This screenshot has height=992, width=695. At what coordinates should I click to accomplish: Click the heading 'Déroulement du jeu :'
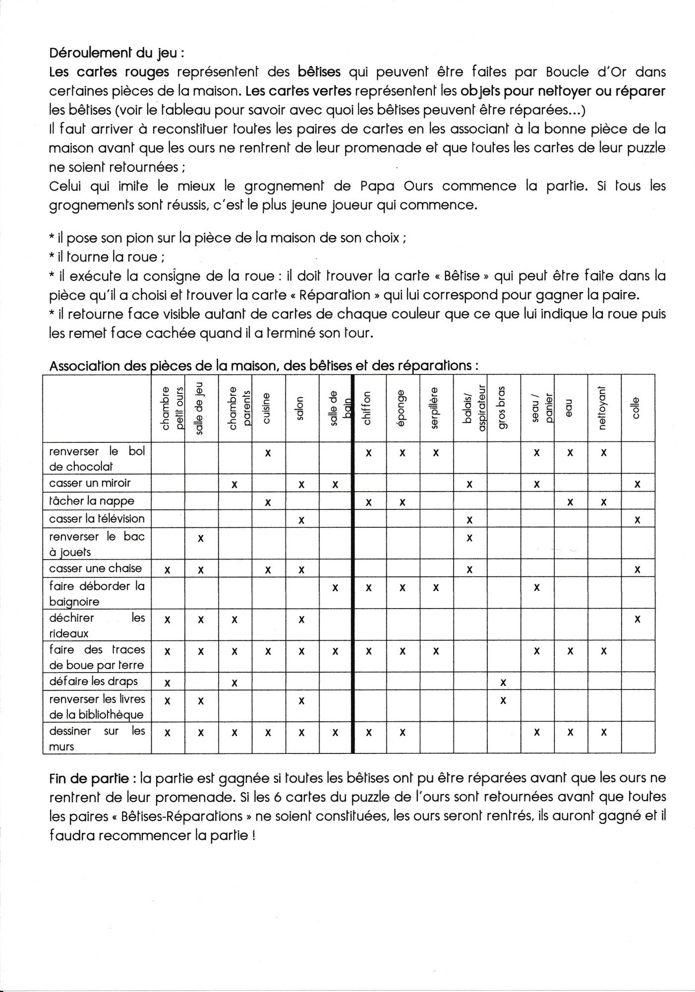(117, 52)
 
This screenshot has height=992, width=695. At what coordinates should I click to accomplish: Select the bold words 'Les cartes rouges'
(109, 72)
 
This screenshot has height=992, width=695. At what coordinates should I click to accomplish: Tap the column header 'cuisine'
(268, 408)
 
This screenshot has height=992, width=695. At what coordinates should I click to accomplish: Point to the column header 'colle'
(637, 408)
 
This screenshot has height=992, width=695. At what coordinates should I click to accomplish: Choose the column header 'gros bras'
(503, 408)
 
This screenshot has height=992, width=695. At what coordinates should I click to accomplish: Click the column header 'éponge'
(402, 408)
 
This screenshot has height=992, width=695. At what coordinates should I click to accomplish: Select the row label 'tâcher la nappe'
(92, 501)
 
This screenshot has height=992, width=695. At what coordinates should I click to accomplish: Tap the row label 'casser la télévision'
(97, 519)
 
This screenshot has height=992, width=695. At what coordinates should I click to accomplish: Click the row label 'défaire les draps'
(94, 682)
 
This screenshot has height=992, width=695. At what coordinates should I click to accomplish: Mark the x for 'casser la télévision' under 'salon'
(301, 520)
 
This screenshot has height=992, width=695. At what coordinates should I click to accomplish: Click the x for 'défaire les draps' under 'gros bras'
(503, 683)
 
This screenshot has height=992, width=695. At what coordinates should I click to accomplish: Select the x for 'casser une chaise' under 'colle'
(637, 570)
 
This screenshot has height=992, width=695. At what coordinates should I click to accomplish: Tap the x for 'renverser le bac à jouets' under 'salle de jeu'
(201, 538)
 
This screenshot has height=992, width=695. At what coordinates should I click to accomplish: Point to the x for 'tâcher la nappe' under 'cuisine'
(268, 502)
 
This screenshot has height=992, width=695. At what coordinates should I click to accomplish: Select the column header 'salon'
(301, 408)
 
